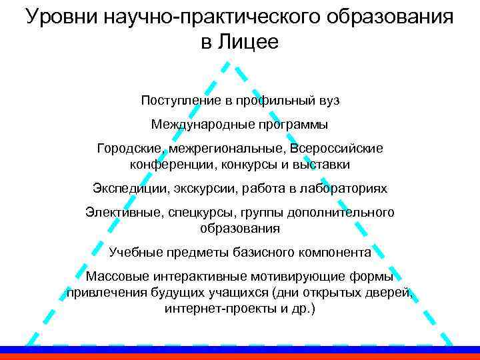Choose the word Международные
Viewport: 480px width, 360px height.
201,124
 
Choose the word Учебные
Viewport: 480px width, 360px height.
132,253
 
